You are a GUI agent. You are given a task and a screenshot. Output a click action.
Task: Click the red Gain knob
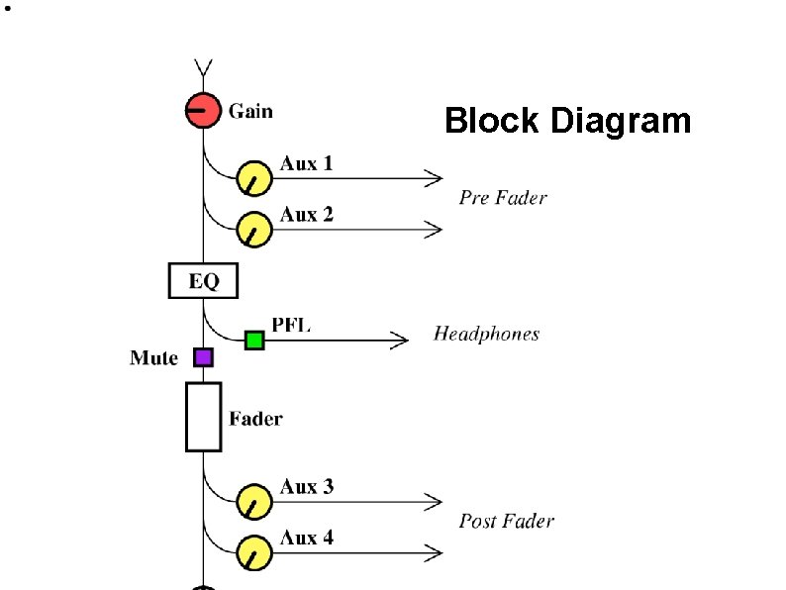pyautogui.click(x=203, y=109)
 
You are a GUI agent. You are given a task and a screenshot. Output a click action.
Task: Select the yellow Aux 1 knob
pyautogui.click(x=254, y=178)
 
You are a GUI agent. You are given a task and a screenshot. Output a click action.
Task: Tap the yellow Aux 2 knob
pyautogui.click(x=254, y=230)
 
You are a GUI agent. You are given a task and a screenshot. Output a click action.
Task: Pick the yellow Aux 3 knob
pyautogui.click(x=254, y=502)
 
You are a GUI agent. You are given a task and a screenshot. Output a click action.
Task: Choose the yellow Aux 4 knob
pyautogui.click(x=254, y=552)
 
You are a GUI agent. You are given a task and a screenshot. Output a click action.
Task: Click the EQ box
pyautogui.click(x=203, y=281)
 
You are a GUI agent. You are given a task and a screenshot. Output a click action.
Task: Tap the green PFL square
pyautogui.click(x=254, y=341)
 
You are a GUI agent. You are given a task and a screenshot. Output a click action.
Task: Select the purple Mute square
pyautogui.click(x=203, y=357)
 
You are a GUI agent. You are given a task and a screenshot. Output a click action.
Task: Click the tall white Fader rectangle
pyautogui.click(x=203, y=417)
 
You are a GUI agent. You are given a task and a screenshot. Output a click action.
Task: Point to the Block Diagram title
pyautogui.click(x=567, y=121)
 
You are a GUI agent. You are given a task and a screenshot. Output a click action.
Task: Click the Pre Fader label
pyautogui.click(x=503, y=198)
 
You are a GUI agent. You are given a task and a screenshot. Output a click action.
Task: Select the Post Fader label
pyautogui.click(x=506, y=521)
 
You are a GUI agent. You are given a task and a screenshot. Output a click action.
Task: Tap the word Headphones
pyautogui.click(x=486, y=334)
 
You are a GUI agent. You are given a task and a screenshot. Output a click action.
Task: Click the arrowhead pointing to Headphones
pyautogui.click(x=400, y=341)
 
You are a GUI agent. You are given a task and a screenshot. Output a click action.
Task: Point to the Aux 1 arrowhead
pyautogui.click(x=434, y=178)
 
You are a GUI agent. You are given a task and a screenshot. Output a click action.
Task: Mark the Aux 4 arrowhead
pyautogui.click(x=434, y=552)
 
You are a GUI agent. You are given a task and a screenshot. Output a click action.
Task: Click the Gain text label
pyautogui.click(x=250, y=111)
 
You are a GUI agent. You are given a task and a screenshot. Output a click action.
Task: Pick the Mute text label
pyautogui.click(x=153, y=358)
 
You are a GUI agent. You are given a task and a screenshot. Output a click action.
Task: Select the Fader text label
pyautogui.click(x=255, y=419)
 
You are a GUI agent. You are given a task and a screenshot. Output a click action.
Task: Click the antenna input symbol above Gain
pyautogui.click(x=203, y=69)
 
